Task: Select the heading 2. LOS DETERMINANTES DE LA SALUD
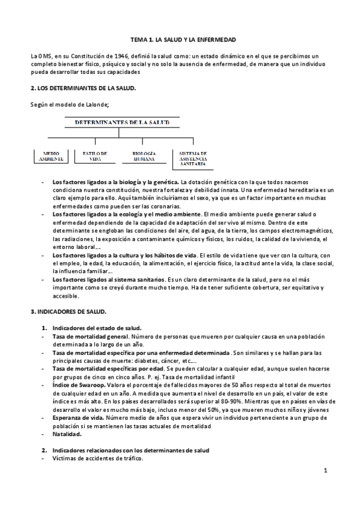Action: point(84,88)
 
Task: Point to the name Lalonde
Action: point(89,105)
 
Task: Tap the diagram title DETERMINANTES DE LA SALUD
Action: point(122,122)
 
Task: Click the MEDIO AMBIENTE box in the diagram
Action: point(48,156)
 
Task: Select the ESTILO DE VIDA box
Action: point(95,156)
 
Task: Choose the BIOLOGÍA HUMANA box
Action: point(144,156)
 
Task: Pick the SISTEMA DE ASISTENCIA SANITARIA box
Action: point(193,158)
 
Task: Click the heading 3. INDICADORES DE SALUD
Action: point(69,313)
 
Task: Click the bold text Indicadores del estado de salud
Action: point(96,328)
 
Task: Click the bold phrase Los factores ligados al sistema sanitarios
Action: point(108,280)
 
